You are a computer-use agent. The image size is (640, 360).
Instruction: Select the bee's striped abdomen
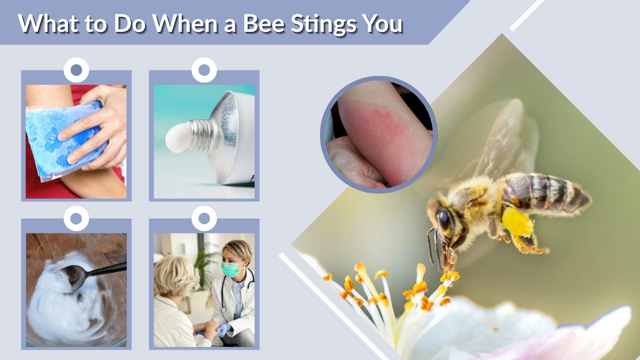tap(548, 192)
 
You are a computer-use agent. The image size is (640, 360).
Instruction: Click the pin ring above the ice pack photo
tap(76, 70)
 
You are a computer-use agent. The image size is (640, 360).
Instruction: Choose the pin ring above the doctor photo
tap(204, 218)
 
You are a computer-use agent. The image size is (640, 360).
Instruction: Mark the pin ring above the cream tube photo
tap(204, 70)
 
